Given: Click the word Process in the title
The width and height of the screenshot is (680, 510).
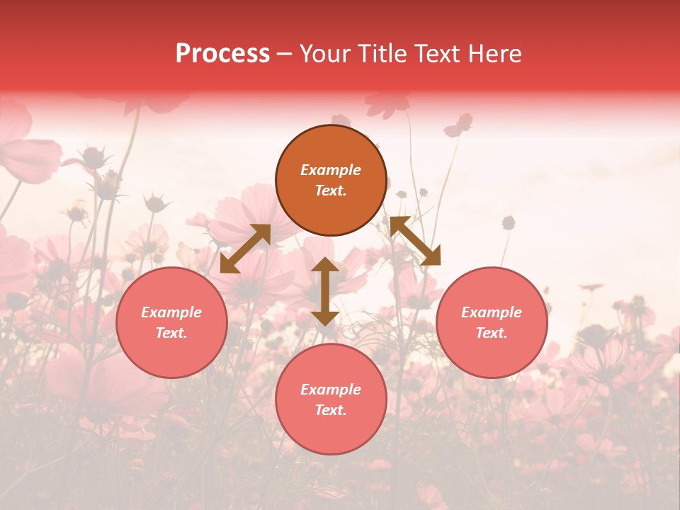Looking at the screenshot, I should coord(222,54).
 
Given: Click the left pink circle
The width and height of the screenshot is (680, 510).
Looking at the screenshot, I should coord(171,322).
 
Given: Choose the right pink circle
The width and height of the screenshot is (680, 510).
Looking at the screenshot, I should coord(492,322).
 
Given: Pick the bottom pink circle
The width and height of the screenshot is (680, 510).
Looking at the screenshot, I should coord(331,399).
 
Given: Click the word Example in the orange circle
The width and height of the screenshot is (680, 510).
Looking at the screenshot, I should coord(331,170).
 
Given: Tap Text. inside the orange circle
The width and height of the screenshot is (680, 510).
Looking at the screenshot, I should coord(331,191).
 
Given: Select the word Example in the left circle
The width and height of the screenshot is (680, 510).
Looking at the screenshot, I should coord(171,312).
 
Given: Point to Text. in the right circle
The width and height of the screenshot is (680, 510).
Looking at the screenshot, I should coord(492,333).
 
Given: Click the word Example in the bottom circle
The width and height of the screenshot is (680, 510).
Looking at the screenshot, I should coord(331,390).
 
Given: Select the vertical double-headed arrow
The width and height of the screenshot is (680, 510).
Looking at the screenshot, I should coord(325,291).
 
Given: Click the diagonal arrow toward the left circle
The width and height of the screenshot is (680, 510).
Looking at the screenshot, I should coord(245,249).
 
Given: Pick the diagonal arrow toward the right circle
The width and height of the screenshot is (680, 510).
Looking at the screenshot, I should coord(415,242).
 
